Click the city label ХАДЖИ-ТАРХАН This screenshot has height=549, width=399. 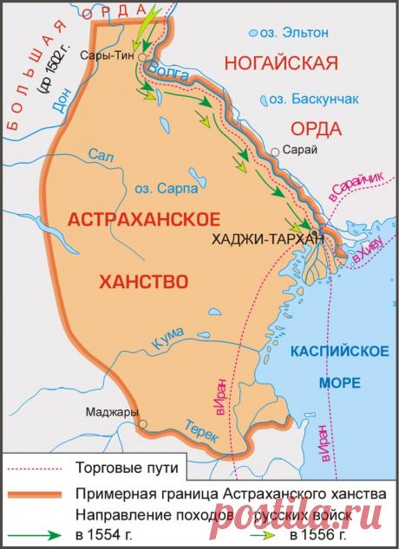click(x=267, y=238)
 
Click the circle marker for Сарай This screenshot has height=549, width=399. click(x=275, y=152)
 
